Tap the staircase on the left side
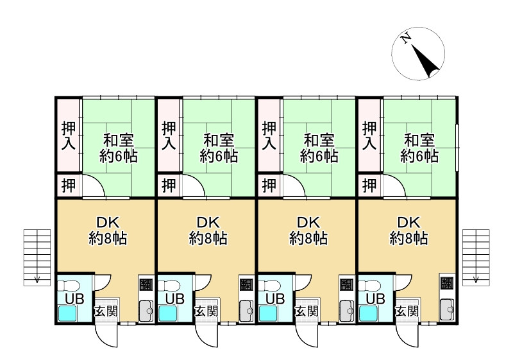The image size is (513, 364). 37,256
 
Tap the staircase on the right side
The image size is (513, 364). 476,256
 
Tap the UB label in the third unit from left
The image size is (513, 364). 275,299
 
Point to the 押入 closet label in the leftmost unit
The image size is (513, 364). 68,135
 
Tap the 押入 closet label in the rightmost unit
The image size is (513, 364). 369,135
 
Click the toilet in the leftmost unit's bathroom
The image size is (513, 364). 71,284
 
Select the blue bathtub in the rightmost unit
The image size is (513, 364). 368,313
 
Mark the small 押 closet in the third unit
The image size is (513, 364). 269,186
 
